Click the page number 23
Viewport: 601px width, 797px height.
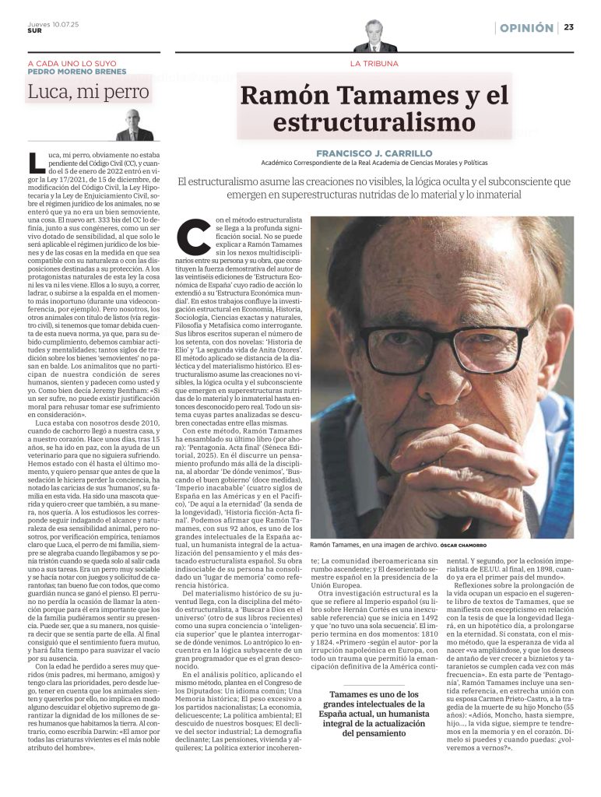pos(569,28)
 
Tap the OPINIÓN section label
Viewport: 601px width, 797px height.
pos(527,28)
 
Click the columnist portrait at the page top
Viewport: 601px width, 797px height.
pos(374,36)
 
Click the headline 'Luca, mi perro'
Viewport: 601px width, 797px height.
pos(88,93)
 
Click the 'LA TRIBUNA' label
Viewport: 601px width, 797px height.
pos(374,62)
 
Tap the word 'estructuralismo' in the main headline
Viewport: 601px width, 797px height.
pos(374,122)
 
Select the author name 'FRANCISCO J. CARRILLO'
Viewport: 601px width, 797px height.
pos(374,153)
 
